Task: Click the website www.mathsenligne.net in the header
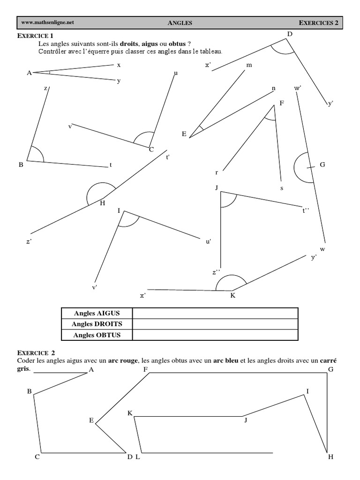[47, 22]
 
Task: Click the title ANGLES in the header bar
[180, 22]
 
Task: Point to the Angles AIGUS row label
[97, 313]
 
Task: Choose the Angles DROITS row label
[97, 324]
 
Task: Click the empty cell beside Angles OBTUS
[215, 335]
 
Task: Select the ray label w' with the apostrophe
[298, 88]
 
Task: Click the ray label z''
[216, 272]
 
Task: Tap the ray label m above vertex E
[249, 65]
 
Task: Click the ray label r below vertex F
[217, 172]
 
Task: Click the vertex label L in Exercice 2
[137, 457]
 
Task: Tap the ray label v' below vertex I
[95, 287]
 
